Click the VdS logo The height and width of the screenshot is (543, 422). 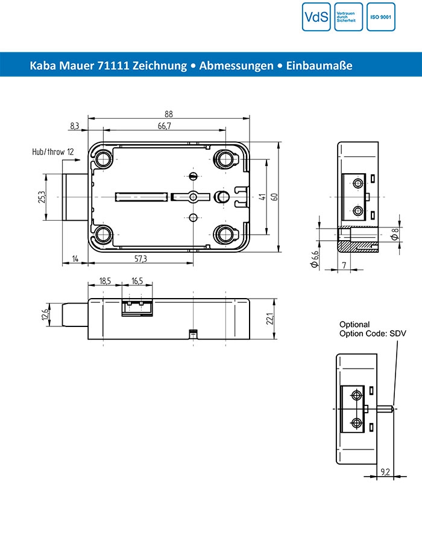(x=316, y=17)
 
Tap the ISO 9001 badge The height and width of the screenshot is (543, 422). (x=381, y=17)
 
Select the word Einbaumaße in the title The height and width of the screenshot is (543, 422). (x=320, y=65)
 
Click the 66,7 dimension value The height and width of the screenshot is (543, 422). (x=165, y=125)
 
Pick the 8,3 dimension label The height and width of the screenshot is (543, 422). (x=75, y=125)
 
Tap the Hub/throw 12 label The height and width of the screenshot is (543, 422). (x=53, y=152)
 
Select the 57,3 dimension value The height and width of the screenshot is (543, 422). (x=140, y=258)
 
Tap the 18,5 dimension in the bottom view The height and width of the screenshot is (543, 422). (x=105, y=281)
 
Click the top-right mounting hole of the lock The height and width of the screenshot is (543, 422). (x=227, y=159)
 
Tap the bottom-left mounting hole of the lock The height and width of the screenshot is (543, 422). (x=102, y=234)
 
